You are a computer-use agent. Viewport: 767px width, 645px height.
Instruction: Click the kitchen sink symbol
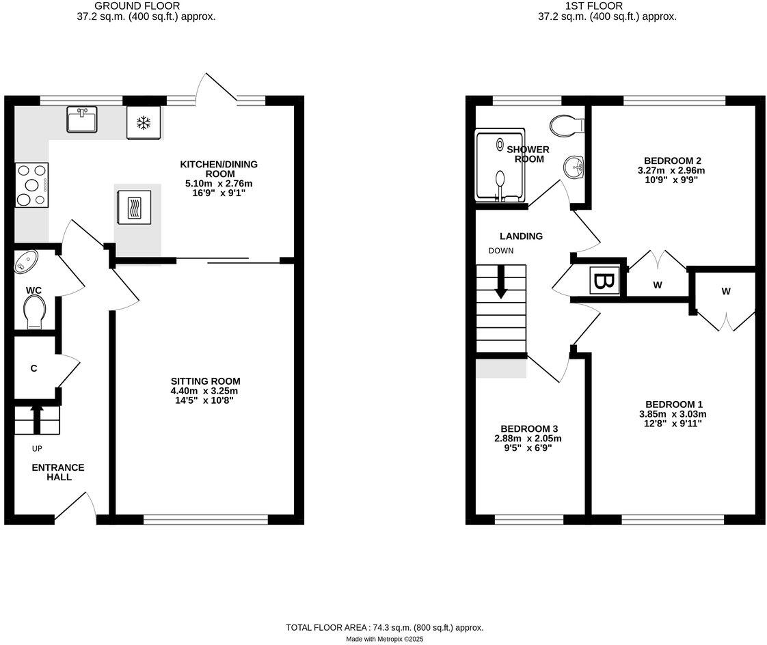82,120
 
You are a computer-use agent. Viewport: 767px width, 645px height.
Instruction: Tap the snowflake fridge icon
144,123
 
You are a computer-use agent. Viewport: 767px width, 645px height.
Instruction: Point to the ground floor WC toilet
34,314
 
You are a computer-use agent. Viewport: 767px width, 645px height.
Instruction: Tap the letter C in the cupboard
33,369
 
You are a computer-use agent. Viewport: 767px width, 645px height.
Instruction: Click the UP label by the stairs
37,449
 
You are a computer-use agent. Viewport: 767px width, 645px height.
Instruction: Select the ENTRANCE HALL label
58,472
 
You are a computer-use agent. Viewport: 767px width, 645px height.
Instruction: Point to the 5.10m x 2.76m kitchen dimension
208,184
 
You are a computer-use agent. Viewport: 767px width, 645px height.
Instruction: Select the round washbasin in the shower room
573,166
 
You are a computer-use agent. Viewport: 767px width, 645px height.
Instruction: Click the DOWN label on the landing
500,251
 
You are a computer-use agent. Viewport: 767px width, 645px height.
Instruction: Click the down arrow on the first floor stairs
501,282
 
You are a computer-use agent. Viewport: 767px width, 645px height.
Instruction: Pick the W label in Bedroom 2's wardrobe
657,286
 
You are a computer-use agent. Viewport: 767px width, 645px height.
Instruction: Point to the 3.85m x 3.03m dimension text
672,413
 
